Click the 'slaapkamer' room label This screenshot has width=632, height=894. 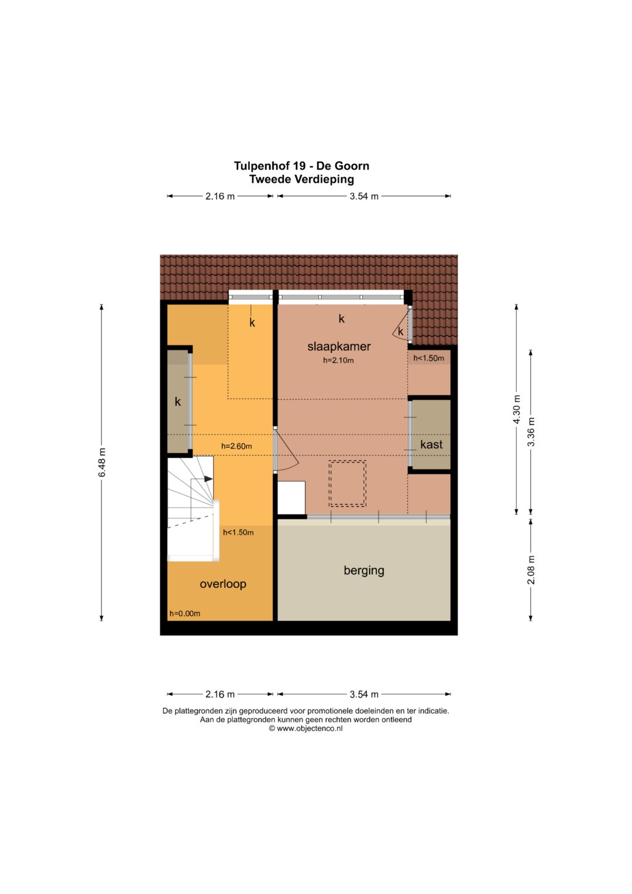pos(339,347)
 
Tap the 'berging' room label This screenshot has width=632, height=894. pos(364,570)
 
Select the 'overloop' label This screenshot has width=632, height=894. pos(222,584)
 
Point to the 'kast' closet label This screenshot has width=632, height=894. pos(431,444)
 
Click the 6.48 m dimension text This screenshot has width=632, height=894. pos(102,463)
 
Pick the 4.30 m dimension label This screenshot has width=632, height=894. pos(517,409)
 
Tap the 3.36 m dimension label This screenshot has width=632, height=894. pos(531,432)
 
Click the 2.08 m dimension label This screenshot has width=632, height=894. pos(531,570)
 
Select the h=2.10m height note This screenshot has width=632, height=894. pos(338,361)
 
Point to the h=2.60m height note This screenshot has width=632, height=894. pos(236,446)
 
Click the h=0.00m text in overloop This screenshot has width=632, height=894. pos(185,614)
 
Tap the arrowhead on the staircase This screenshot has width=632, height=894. pos(209,479)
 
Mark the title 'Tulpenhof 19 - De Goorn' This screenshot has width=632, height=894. pos(301,166)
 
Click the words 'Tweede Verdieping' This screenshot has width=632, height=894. pos(301,179)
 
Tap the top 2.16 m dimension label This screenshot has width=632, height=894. pos(220,196)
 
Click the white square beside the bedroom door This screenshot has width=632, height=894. pos(291,498)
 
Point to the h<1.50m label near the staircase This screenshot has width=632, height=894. pos(238,532)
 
